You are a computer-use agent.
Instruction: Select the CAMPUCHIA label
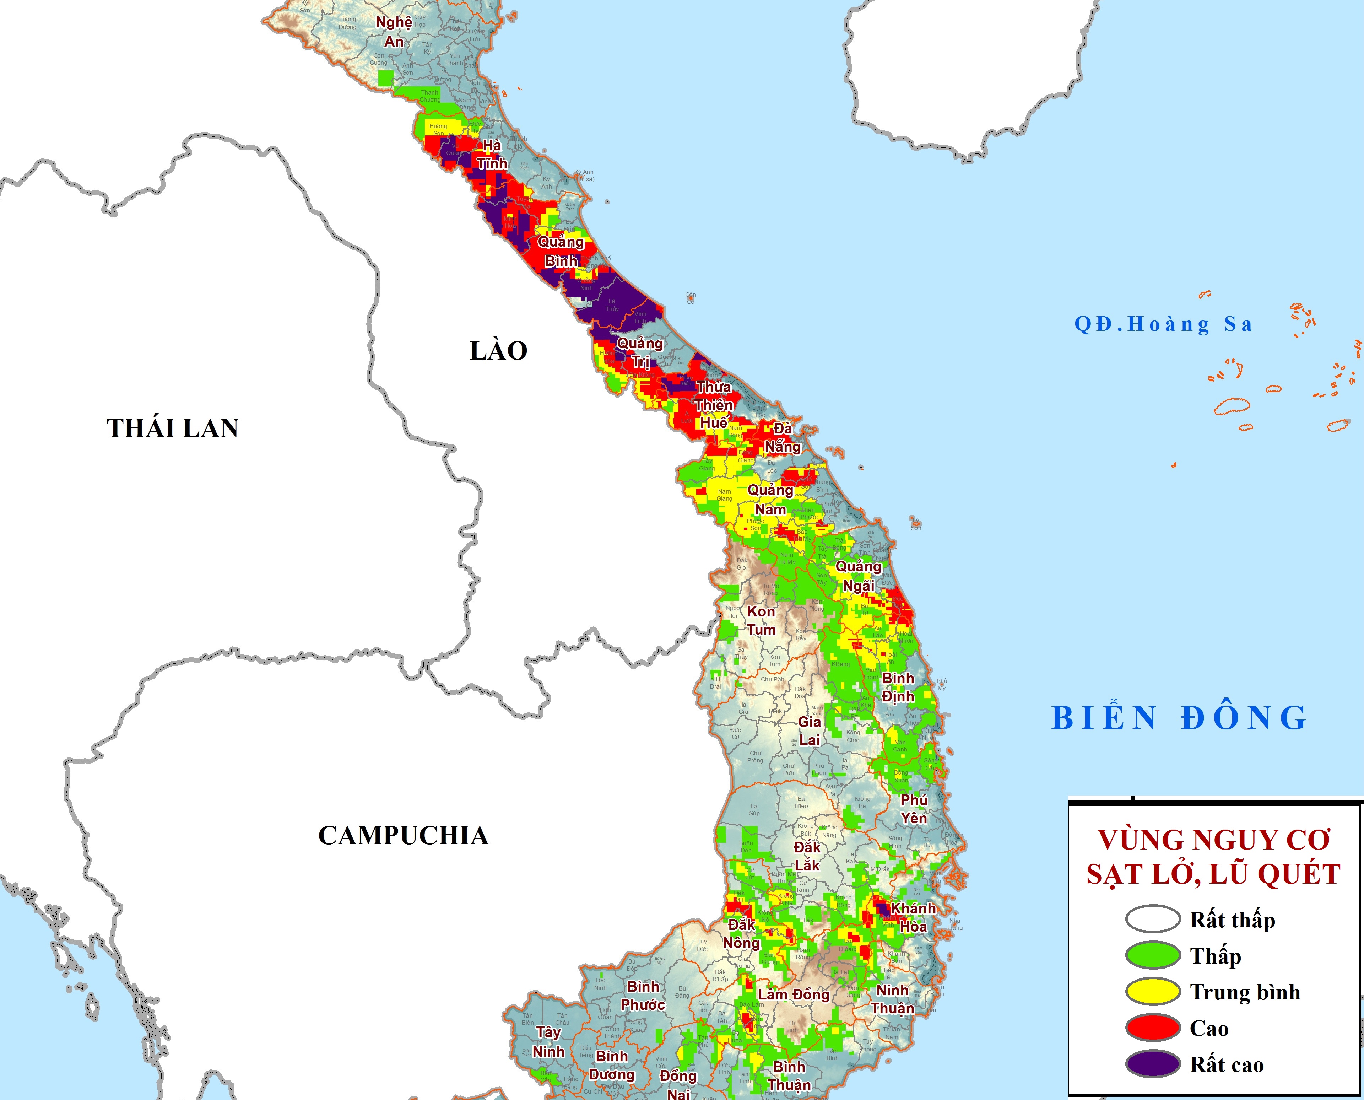(x=403, y=836)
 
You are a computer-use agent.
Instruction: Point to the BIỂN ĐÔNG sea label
(x=1180, y=718)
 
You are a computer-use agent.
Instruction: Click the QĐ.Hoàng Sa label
(x=1164, y=324)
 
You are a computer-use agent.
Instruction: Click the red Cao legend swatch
(x=1152, y=1028)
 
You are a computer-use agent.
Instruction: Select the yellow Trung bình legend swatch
(x=1152, y=992)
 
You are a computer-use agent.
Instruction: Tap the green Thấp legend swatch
(x=1152, y=955)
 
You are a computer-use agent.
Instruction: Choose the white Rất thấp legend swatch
(x=1152, y=920)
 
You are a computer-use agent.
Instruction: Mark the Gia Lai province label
(x=809, y=730)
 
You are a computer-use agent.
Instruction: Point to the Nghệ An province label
(x=394, y=32)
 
